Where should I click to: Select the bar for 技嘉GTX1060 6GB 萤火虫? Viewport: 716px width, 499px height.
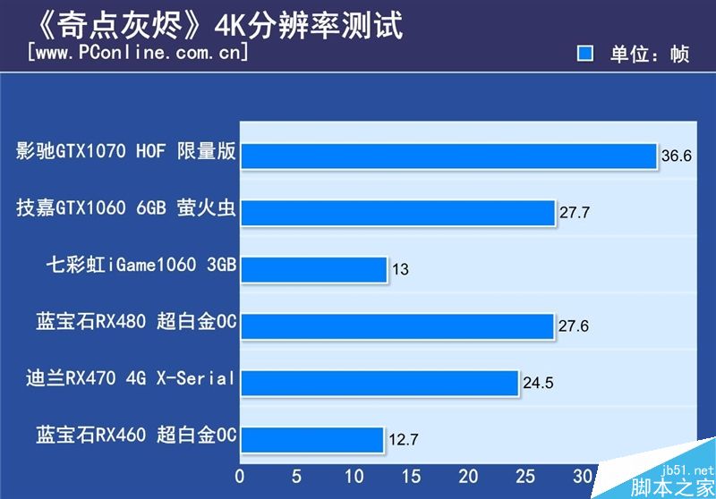(397, 212)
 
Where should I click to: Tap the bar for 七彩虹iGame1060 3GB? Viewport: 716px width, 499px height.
(313, 269)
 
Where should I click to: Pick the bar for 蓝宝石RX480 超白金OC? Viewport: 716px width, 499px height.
(396, 326)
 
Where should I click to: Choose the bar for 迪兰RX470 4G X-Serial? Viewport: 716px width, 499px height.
(379, 383)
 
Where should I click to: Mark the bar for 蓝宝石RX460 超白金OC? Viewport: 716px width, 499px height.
(311, 440)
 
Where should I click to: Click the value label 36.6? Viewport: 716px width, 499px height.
(677, 156)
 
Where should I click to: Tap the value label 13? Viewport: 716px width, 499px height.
(400, 269)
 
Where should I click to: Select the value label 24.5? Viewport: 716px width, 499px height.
(539, 384)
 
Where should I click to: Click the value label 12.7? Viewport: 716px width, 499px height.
(402, 440)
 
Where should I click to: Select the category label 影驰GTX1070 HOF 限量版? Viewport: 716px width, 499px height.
(126, 151)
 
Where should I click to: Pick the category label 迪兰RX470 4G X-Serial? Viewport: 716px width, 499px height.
(131, 378)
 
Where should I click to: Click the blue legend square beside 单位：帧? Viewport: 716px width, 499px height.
(585, 54)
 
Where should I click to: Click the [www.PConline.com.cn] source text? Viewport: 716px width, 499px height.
(138, 52)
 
